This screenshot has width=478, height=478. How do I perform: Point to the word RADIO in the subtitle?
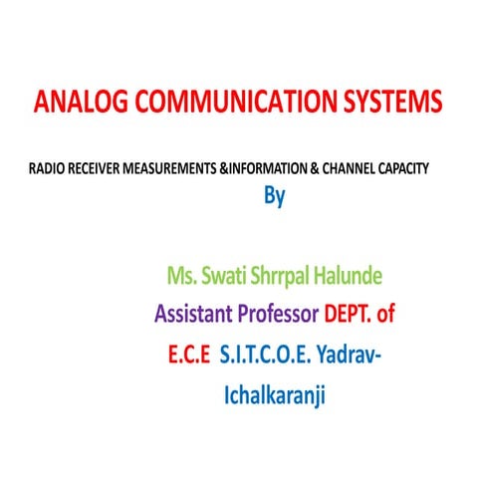coord(48,169)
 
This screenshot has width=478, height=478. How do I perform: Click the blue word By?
coord(274,196)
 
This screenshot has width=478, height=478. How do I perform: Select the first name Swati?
coord(230,273)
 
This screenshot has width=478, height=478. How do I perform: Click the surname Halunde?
coord(367,273)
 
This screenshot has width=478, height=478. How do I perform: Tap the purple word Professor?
coord(283,315)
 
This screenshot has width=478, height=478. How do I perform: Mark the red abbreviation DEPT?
coord(350,315)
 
